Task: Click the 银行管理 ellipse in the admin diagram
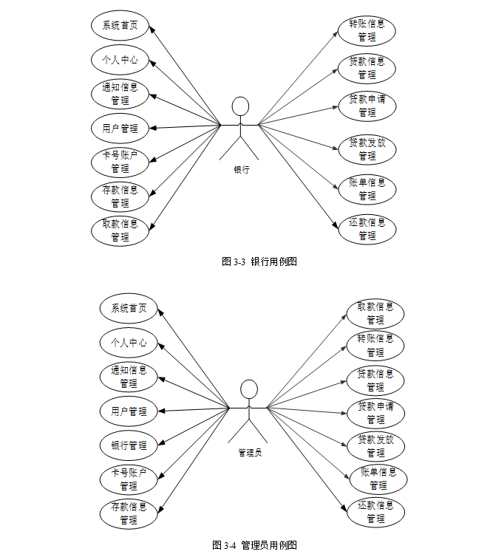point(129,445)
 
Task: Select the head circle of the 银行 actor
point(241,106)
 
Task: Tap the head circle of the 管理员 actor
point(249,389)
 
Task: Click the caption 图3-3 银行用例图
point(259,261)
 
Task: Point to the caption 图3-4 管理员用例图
point(254,545)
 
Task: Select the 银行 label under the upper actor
point(242,169)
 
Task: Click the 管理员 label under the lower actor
point(250,452)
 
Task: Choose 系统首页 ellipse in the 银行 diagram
point(120,25)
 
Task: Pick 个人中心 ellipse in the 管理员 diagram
point(129,343)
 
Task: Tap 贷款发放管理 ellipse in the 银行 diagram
point(367,149)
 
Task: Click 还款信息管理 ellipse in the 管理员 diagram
point(375,512)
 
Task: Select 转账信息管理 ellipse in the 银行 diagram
point(367,30)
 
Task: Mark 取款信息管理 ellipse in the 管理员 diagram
point(375,313)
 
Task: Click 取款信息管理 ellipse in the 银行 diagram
point(120,230)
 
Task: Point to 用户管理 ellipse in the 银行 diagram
point(120,128)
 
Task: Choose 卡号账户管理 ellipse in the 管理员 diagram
point(129,479)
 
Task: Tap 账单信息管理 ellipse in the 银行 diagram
point(367,189)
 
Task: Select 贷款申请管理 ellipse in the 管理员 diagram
point(375,412)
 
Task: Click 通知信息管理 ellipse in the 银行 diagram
point(120,94)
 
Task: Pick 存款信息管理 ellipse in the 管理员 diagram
point(129,513)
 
